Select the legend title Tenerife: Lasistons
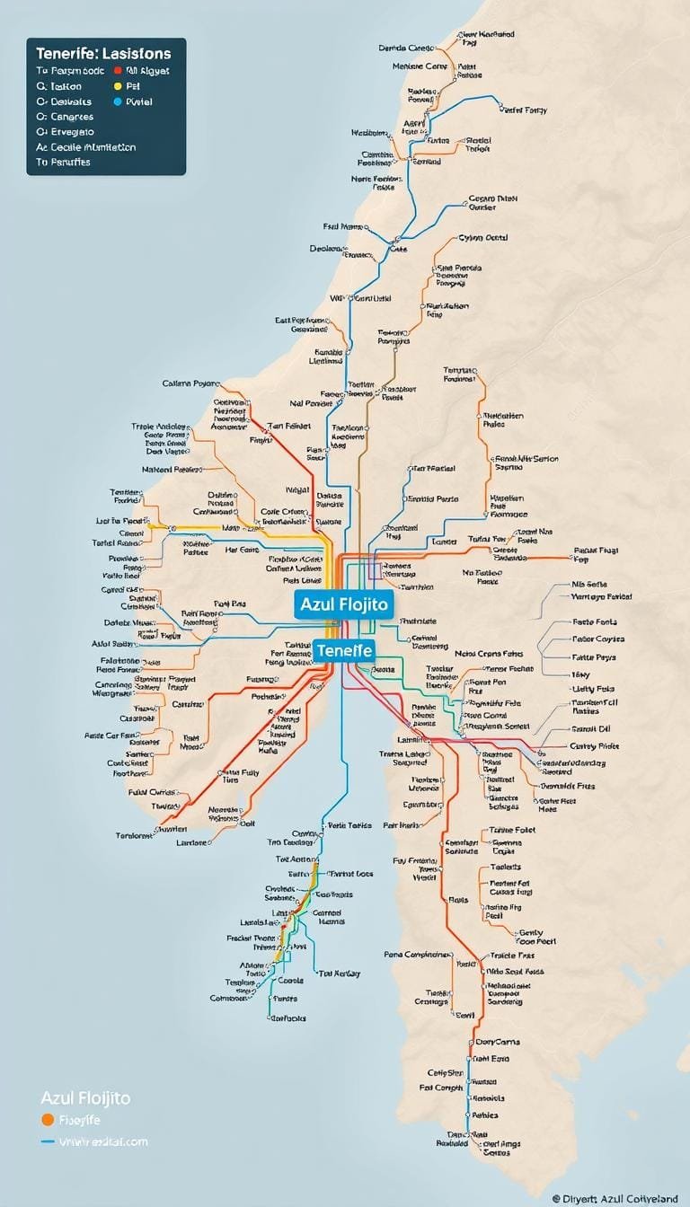(103, 54)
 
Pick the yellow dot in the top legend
(118, 87)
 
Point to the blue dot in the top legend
(118, 102)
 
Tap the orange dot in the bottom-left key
(47, 1120)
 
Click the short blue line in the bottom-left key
(48, 1142)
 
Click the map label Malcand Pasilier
(171, 469)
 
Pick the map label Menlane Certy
(420, 66)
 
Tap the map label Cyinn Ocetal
(483, 238)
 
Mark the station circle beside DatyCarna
(471, 1042)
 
